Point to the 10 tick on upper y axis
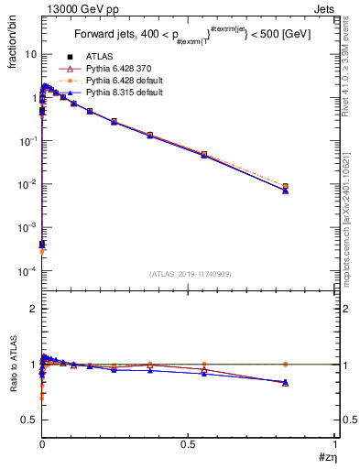[x=30, y=54]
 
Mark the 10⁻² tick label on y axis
[x=28, y=184]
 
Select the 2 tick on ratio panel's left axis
[x=34, y=310]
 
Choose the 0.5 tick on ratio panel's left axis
[x=29, y=420]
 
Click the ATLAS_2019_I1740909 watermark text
[x=189, y=274]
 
